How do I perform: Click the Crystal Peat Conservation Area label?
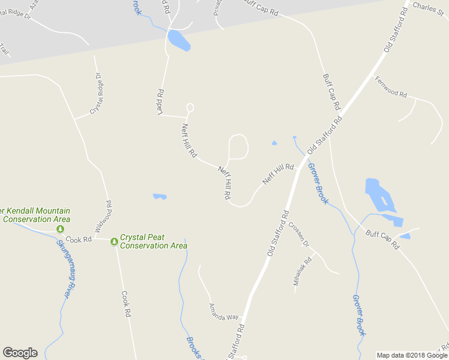click(153, 241)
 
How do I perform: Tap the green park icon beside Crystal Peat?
click(114, 241)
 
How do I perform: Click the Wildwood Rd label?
click(103, 217)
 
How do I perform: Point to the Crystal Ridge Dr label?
click(96, 94)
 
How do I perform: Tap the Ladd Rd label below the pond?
click(161, 103)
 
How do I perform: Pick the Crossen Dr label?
click(298, 235)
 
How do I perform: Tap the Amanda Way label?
click(223, 312)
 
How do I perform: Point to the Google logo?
click(20, 353)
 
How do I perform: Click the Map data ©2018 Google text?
click(412, 355)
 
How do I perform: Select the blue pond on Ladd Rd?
click(179, 40)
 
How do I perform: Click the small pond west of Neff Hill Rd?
click(159, 196)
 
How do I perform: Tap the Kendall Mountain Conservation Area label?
click(36, 215)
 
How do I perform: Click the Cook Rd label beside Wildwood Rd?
click(78, 239)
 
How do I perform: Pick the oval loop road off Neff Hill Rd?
click(238, 146)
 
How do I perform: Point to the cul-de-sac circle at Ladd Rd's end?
click(190, 107)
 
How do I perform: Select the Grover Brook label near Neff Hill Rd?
click(318, 185)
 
